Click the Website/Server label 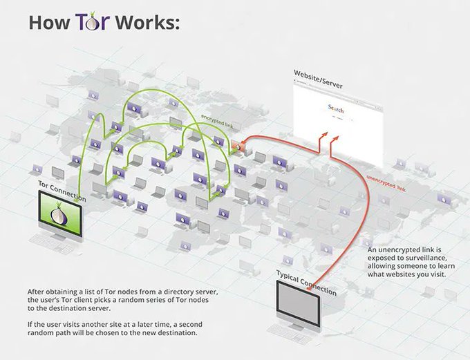(318, 73)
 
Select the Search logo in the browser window (335, 110)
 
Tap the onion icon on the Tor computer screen (60, 215)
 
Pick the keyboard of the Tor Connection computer (48, 246)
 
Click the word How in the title (46, 22)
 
